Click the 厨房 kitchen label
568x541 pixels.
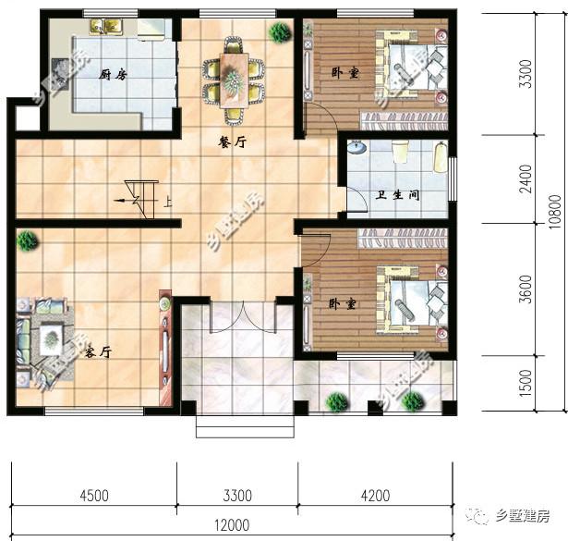pyautogui.click(x=112, y=74)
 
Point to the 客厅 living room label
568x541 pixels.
pyautogui.click(x=98, y=352)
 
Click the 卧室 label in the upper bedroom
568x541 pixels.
pyautogui.click(x=344, y=73)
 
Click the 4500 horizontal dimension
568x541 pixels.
pyautogui.click(x=94, y=495)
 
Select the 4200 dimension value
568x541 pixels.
pyautogui.click(x=374, y=495)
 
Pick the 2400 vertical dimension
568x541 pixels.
pyautogui.click(x=526, y=178)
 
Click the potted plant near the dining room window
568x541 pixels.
pyautogui.click(x=278, y=32)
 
